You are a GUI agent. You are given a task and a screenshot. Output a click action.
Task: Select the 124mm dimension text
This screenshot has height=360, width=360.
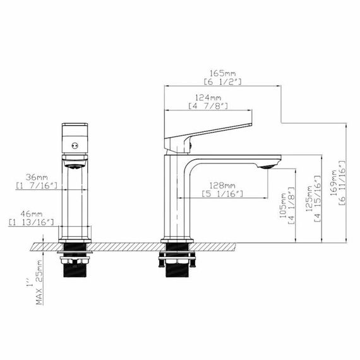[x=208, y=98]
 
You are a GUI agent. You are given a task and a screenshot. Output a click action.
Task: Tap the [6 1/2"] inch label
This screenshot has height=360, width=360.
[x=223, y=83]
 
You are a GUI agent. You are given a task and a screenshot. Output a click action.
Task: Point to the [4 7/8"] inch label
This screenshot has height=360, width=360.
[x=208, y=106]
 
